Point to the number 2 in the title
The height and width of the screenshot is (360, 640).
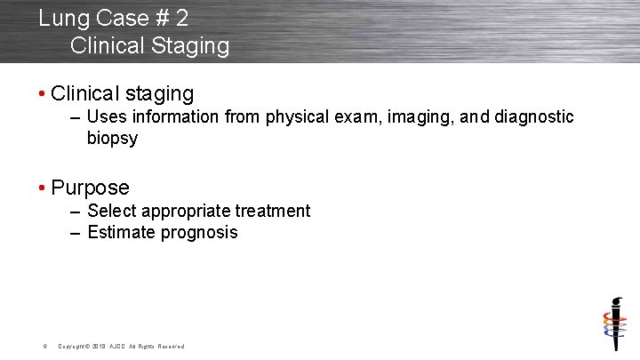[180, 18]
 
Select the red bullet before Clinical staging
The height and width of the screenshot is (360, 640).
[42, 94]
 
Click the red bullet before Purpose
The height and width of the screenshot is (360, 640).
[42, 188]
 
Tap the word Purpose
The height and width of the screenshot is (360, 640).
[90, 188]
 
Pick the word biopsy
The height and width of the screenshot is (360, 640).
[112, 139]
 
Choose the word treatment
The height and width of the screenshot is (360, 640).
[272, 212]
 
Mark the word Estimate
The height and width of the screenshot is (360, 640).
[122, 233]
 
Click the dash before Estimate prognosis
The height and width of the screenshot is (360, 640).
[76, 233]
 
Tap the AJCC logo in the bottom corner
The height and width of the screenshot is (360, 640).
[611, 324]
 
